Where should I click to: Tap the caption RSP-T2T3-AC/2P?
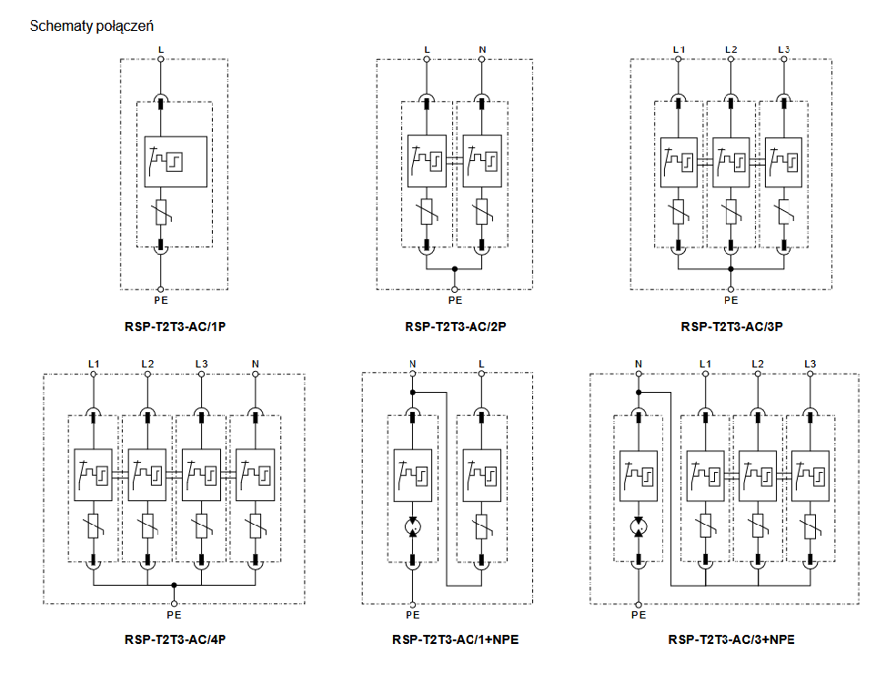[455, 326]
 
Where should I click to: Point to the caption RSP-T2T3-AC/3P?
[730, 326]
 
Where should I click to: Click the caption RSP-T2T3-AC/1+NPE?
[455, 639]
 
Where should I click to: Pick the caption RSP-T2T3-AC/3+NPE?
[730, 639]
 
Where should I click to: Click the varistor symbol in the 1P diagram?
[161, 213]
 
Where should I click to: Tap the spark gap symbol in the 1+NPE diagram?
[412, 527]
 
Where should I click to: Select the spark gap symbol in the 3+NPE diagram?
[639, 527]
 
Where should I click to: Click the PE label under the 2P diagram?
[455, 299]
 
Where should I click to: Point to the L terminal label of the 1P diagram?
[161, 48]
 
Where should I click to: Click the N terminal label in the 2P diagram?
[482, 48]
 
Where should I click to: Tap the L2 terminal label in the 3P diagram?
[730, 48]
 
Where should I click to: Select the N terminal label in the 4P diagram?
[255, 364]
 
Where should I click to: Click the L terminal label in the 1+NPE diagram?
[481, 364]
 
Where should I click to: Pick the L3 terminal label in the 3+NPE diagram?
[810, 364]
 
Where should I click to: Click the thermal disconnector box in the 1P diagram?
[176, 161]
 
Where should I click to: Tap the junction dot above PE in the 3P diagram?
[730, 269]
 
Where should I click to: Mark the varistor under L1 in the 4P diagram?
[93, 527]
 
